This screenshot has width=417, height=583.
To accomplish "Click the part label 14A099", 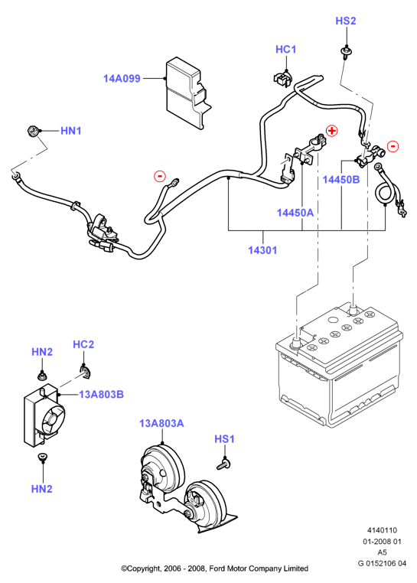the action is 122,79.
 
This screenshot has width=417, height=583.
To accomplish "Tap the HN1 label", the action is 70,131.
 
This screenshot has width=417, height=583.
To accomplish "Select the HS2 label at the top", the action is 346,21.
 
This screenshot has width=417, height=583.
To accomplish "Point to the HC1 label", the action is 285,50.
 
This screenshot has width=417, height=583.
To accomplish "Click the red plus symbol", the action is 332,131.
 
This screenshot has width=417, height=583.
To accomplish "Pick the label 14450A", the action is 295,213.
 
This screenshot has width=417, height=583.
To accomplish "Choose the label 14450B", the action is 341,180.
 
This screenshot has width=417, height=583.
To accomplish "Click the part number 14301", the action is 262,250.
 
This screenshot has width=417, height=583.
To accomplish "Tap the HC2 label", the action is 83,344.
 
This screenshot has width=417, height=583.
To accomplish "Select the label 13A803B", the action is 101,394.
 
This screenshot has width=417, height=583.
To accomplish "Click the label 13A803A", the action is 161,424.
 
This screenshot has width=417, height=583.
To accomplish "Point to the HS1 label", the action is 224,439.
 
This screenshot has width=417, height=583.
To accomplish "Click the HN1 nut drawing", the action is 33,132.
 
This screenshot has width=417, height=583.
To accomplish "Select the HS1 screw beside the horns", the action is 223,464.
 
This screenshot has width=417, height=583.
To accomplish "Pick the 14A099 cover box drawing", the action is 187,93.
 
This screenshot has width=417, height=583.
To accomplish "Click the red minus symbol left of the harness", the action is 160,175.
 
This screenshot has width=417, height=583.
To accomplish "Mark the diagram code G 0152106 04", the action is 382,563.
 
